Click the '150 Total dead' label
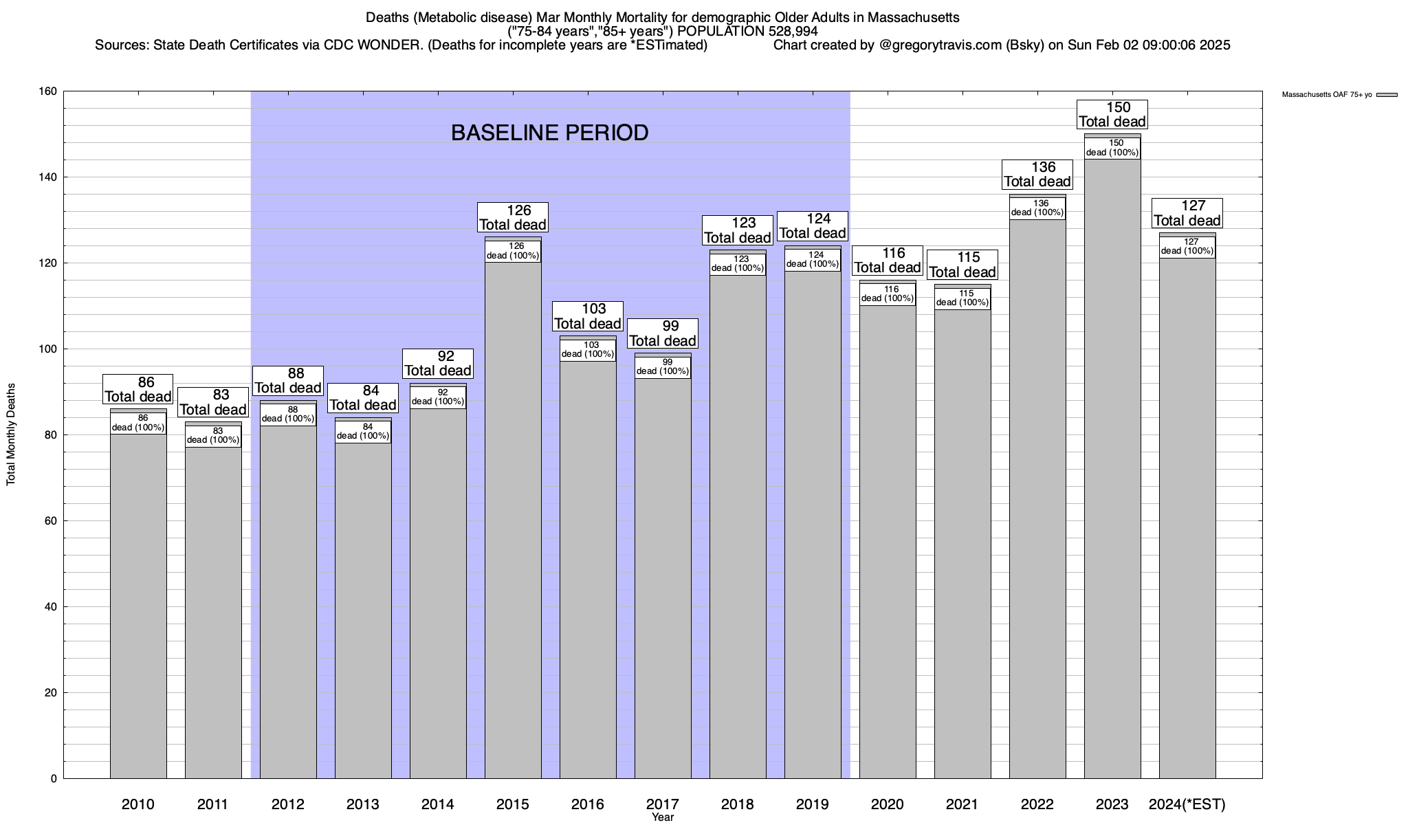(x=1112, y=115)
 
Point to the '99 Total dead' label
(x=663, y=333)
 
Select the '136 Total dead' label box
(x=1037, y=175)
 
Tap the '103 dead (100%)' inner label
(x=588, y=350)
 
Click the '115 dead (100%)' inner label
(x=962, y=298)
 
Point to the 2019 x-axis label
(x=813, y=804)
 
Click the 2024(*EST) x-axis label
(x=1187, y=804)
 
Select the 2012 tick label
(x=288, y=804)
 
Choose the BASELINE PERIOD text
(x=549, y=133)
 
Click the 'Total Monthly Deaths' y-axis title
(x=11, y=434)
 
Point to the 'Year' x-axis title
(x=663, y=817)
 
